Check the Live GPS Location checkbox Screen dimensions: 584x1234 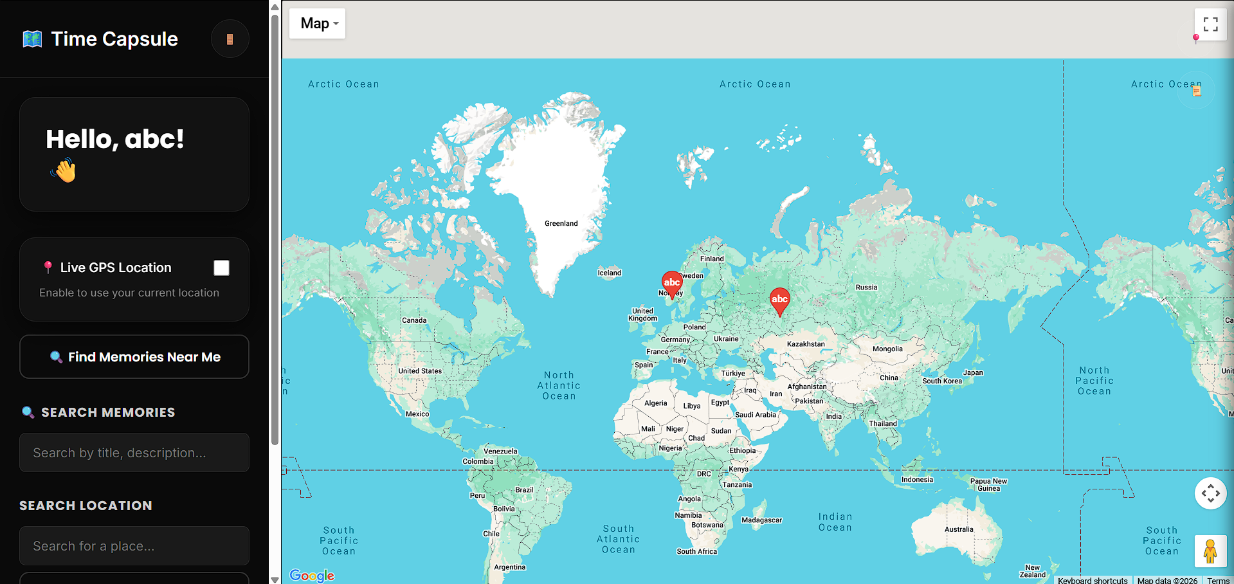[x=221, y=268]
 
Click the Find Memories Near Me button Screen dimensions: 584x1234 [x=134, y=357]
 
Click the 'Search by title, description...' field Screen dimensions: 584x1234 [x=134, y=453]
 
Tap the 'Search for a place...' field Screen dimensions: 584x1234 [x=134, y=546]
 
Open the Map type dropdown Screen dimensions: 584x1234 [x=318, y=24]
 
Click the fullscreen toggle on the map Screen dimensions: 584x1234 [x=1210, y=24]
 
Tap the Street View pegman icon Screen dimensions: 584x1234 [x=1210, y=551]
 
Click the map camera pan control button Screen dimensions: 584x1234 [x=1210, y=493]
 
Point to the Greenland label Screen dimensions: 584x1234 [x=561, y=224]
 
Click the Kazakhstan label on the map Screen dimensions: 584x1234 [x=806, y=344]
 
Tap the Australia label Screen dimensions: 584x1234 [x=959, y=529]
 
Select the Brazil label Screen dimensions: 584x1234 [x=524, y=490]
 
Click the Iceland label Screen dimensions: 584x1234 [x=610, y=273]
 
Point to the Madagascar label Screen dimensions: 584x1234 [x=761, y=520]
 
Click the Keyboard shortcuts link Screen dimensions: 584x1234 [x=1092, y=580]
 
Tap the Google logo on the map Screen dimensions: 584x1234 [x=312, y=575]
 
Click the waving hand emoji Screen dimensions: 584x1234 [x=64, y=171]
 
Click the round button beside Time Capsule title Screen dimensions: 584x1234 [x=230, y=39]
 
